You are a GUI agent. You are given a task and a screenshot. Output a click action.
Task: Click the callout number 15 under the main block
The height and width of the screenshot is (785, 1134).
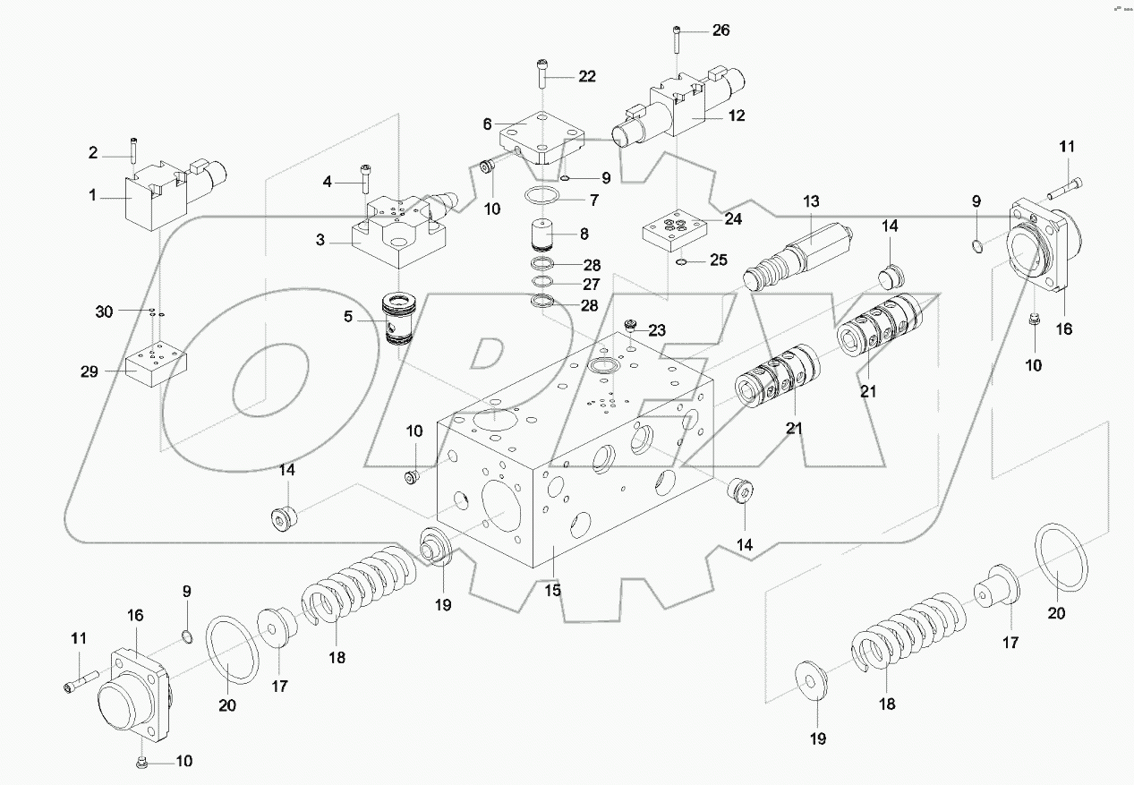point(552,590)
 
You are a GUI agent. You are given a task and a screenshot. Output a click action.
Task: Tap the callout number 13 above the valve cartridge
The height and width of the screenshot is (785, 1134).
point(811,201)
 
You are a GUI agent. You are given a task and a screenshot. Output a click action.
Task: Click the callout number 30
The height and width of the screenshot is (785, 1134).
point(105,311)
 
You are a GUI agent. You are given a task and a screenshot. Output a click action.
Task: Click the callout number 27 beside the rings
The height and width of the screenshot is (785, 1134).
point(590,285)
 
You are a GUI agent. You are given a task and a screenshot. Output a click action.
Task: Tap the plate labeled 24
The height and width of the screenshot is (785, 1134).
point(677,234)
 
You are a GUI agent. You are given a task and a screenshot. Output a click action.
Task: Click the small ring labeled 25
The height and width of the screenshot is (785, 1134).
point(681,262)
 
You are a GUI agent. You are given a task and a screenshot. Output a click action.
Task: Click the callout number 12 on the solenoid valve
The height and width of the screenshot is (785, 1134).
point(736,115)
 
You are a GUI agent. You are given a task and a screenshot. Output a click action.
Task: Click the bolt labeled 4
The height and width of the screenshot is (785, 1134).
point(364,178)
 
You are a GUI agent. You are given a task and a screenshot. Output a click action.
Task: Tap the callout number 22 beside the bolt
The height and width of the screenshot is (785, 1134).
point(585,77)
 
